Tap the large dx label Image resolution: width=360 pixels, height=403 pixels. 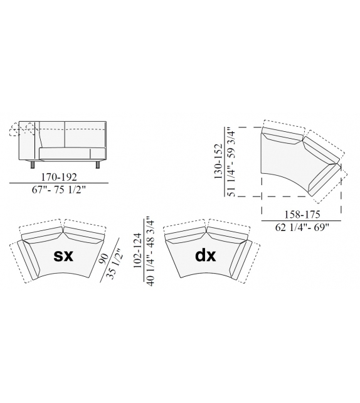click(206, 257)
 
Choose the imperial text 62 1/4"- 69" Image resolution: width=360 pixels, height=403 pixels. click(301, 228)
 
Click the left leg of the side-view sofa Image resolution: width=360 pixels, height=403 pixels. click(31, 166)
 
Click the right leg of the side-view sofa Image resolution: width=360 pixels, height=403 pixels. click(96, 166)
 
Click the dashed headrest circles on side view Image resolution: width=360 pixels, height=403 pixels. click(19, 129)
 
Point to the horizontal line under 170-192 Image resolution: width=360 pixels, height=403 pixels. click(60, 183)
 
